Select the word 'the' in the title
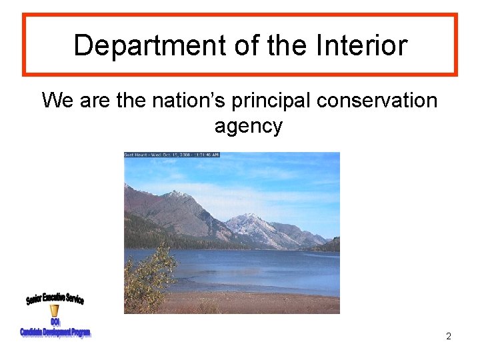[x=289, y=45]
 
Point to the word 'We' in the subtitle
[x=58, y=101]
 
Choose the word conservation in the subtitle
[x=378, y=101]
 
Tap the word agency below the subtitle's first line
[x=249, y=126]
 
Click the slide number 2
[x=449, y=336]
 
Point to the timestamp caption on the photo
[x=172, y=155]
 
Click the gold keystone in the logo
[x=55, y=311]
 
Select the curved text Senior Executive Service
[x=55, y=299]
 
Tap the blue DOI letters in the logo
[x=55, y=322]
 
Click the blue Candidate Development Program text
[x=55, y=331]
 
